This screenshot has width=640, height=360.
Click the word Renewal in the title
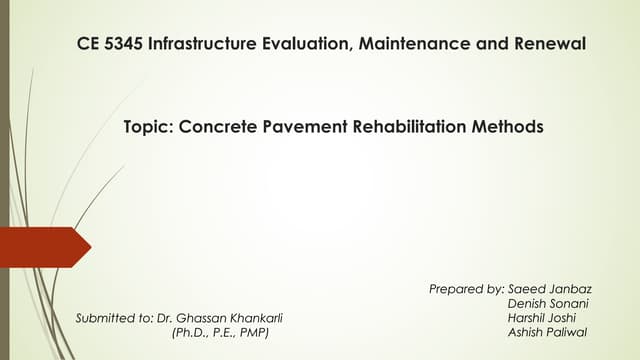tap(543, 44)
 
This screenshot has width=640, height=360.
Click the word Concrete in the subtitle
tap(214, 128)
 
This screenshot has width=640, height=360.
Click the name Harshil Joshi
tap(543, 317)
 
